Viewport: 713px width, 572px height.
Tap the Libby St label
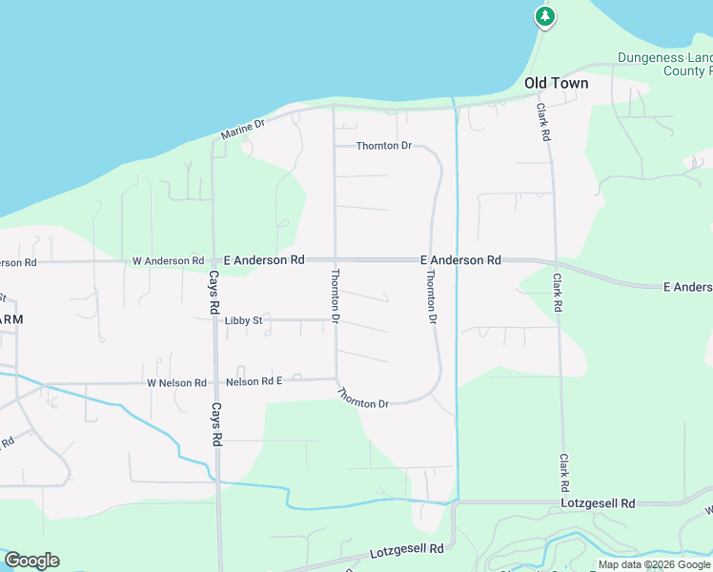[x=243, y=321]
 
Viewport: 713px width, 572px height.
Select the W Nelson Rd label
[x=176, y=383]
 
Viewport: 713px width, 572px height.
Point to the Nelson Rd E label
[x=255, y=382]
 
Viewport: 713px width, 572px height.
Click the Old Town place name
[x=556, y=83]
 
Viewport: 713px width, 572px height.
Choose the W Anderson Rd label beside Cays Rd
[x=168, y=260]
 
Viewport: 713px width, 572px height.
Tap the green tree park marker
[x=544, y=16]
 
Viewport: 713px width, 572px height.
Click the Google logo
[x=31, y=561]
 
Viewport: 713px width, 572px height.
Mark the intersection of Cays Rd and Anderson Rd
[x=213, y=260]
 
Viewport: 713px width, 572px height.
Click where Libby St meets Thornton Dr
[x=335, y=320]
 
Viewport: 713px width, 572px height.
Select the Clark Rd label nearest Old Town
[x=543, y=123]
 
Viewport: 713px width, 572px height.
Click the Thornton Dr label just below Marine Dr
[x=383, y=146]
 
